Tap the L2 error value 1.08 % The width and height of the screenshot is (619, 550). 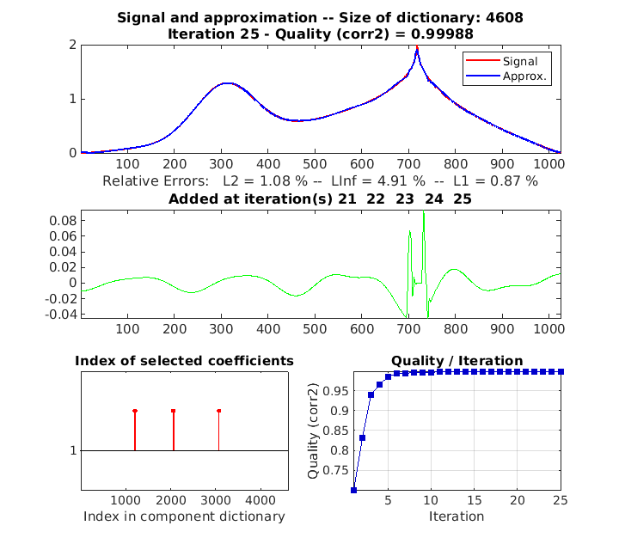coord(277,181)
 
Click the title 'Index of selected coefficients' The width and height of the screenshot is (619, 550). coord(185,360)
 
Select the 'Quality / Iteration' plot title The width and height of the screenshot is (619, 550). coord(457,360)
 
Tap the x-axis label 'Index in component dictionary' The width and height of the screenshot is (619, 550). coord(184,516)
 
